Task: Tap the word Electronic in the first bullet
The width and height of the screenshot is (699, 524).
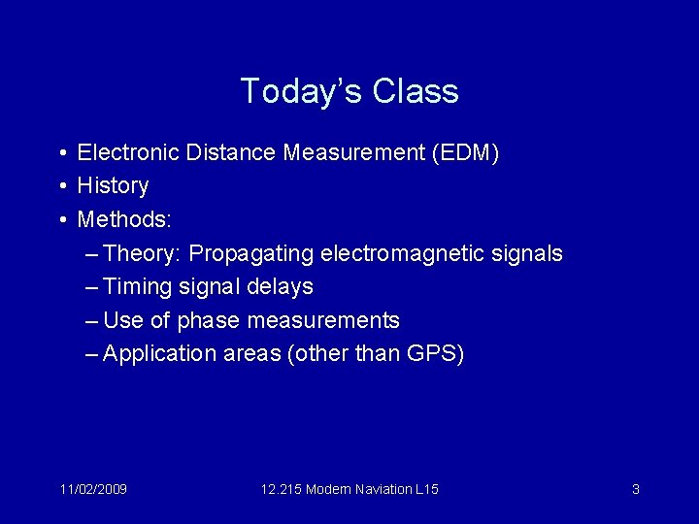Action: point(127,152)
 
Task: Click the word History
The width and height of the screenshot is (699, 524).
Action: point(113,185)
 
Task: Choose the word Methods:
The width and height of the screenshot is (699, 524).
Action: point(124,219)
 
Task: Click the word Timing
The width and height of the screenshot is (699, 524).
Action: point(137,286)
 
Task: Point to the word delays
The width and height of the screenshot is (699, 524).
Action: point(281,286)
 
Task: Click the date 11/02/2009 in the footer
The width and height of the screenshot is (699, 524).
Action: point(92,489)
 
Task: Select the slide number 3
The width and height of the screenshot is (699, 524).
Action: point(636,489)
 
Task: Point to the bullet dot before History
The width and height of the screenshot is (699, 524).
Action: point(61,185)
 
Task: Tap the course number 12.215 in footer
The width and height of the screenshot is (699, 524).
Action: point(281,489)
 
